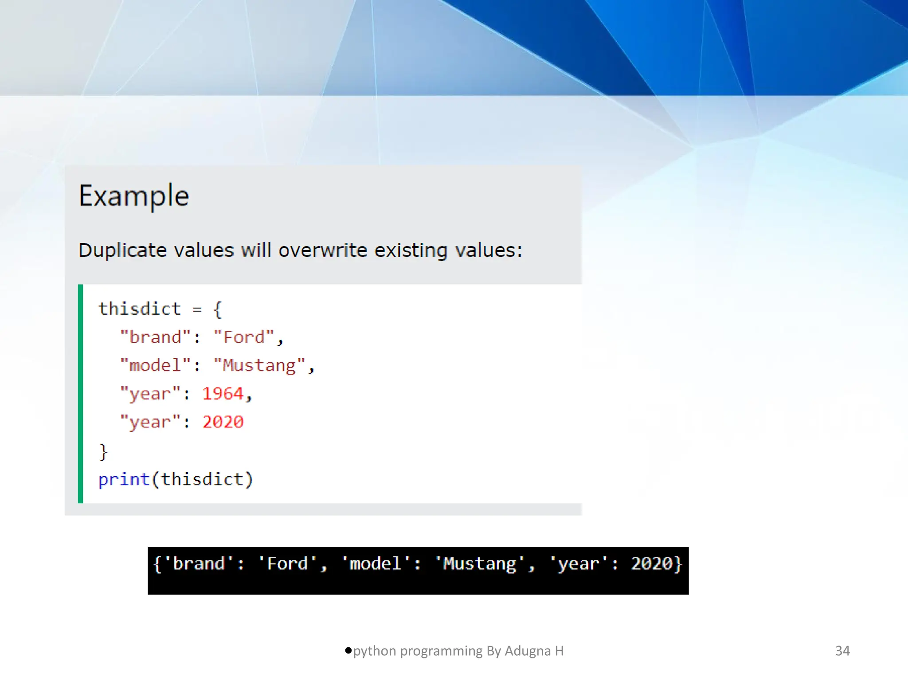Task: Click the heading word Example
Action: [134, 196]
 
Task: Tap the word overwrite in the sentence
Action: [323, 250]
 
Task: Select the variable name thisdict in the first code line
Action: [140, 309]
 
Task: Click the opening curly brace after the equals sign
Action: [217, 309]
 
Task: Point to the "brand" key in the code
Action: [156, 337]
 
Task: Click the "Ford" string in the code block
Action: [244, 337]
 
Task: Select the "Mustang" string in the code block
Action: [259, 365]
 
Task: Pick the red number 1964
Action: [223, 394]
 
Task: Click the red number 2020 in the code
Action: [223, 422]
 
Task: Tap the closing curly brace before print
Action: [103, 452]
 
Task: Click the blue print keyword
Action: [124, 479]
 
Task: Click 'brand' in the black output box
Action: [199, 564]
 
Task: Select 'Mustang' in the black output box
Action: [480, 564]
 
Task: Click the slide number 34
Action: [842, 651]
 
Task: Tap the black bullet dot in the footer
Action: [348, 650]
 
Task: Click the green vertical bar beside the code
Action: [80, 394]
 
